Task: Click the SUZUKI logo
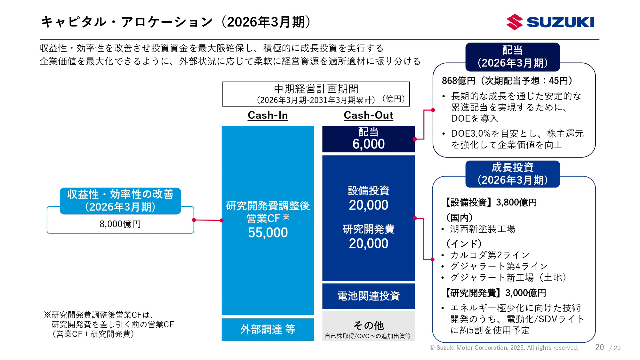pyautogui.click(x=550, y=22)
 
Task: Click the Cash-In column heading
pyautogui.click(x=268, y=115)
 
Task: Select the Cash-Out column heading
pyautogui.click(x=368, y=115)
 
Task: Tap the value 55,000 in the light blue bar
pyautogui.click(x=268, y=232)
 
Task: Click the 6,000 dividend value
pyautogui.click(x=368, y=144)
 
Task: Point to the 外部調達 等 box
pyautogui.click(x=268, y=329)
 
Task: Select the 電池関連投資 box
pyautogui.click(x=368, y=296)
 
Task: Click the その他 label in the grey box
pyautogui.click(x=368, y=325)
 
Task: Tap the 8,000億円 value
pyautogui.click(x=120, y=224)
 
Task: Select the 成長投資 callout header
pyautogui.click(x=512, y=174)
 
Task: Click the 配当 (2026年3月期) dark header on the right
pyautogui.click(x=512, y=57)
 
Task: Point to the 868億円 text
pyautogui.click(x=458, y=81)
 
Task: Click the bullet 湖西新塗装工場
pyautogui.click(x=482, y=229)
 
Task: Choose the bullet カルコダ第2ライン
pyautogui.click(x=489, y=255)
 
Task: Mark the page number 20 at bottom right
pyautogui.click(x=599, y=347)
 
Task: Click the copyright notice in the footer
pyautogui.click(x=504, y=348)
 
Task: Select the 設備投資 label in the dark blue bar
pyautogui.click(x=368, y=191)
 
